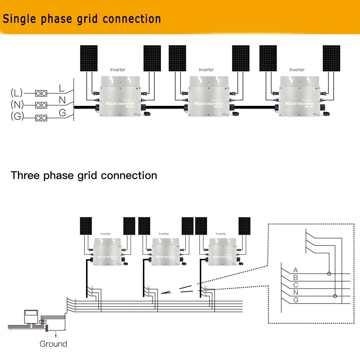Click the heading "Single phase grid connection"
[x=82, y=19]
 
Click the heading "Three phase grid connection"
[x=84, y=176]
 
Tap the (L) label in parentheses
[x=17, y=93]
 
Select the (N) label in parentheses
[x=17, y=105]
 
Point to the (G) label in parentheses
[x=17, y=117]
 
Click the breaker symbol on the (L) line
[x=41, y=93]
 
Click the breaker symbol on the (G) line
[x=41, y=117]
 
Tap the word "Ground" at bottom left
[x=53, y=344]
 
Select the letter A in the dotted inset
[x=296, y=270]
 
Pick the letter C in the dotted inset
[x=296, y=285]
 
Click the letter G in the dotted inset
[x=296, y=300]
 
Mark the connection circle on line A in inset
[x=329, y=274]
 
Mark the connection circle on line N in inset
[x=335, y=296]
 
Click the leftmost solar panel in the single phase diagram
[x=89, y=58]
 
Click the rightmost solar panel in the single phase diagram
[x=331, y=58]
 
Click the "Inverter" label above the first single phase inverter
[x=118, y=70]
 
